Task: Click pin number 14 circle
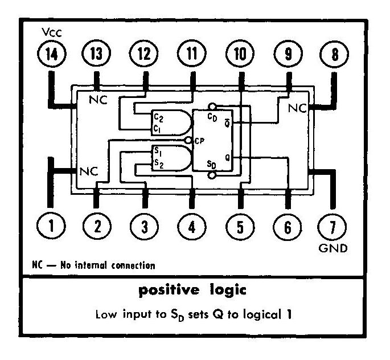(x=50, y=56)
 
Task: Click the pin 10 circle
(x=240, y=56)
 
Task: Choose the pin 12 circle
(x=145, y=56)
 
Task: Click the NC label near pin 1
(x=89, y=170)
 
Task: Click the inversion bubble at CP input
(x=188, y=140)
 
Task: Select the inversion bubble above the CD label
(x=212, y=106)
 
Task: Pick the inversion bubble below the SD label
(x=212, y=175)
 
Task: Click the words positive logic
(x=193, y=291)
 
